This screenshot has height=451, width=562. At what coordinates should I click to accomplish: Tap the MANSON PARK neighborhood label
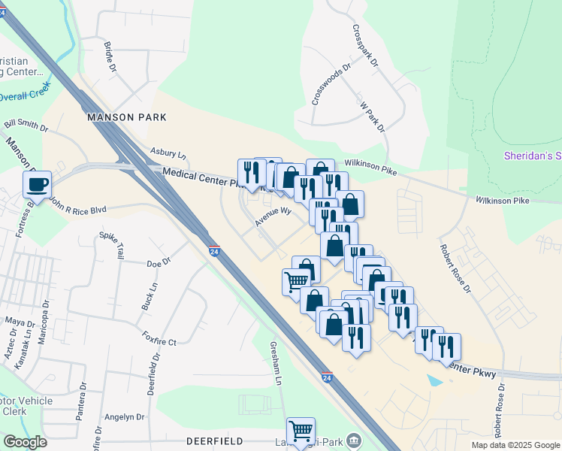[126, 118]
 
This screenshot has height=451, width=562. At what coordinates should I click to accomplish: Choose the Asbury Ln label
[168, 153]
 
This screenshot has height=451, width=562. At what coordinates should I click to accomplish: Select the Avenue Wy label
[272, 216]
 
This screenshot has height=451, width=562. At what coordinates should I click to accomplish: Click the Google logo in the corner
[26, 442]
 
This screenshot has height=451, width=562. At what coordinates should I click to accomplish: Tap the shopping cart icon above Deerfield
[301, 432]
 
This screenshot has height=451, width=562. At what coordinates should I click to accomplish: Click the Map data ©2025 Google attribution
[515, 445]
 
